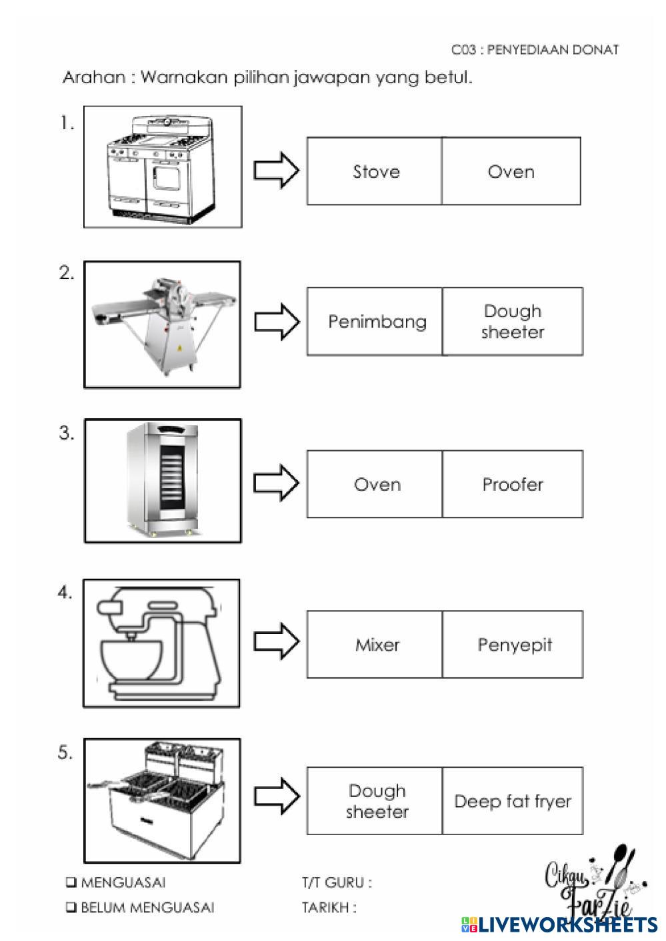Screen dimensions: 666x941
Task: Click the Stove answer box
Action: click(375, 171)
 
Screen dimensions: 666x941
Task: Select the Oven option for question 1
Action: click(511, 171)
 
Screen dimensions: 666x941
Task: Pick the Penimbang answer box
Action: click(375, 322)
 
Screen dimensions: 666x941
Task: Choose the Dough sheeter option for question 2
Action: click(513, 322)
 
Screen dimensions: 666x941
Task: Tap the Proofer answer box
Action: click(513, 484)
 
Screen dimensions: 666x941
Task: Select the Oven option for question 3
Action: click(375, 484)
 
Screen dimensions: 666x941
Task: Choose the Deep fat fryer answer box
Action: click(513, 800)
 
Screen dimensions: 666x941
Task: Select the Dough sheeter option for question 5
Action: click(375, 800)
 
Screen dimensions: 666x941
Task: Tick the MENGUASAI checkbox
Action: click(71, 882)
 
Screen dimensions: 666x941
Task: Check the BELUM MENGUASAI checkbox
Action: click(71, 908)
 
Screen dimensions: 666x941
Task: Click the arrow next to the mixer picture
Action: click(277, 641)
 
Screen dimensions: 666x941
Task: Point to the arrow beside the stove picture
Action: click(277, 170)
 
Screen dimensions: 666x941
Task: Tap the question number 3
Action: click(67, 433)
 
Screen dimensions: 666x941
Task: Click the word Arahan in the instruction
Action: click(94, 77)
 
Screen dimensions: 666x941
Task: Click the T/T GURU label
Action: click(337, 882)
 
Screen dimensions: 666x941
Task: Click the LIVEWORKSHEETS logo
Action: click(559, 924)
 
